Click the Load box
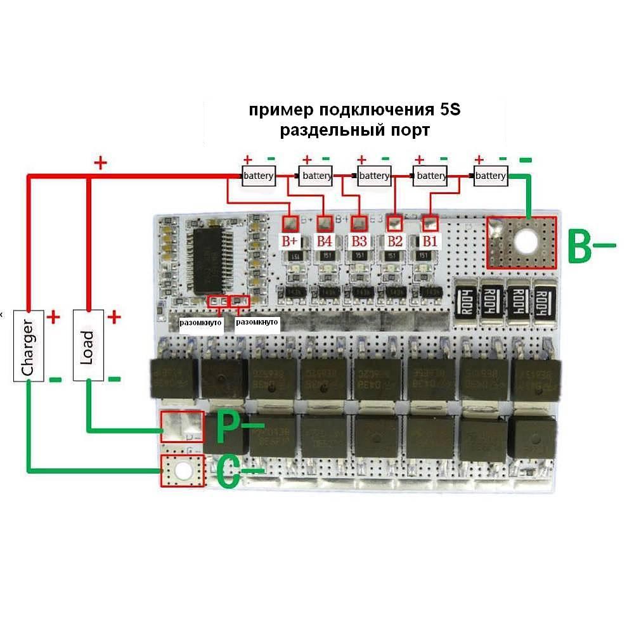tap(88, 346)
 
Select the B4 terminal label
tap(325, 241)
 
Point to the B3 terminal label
tap(359, 241)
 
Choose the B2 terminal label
tap(395, 241)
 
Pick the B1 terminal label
tap(430, 241)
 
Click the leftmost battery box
tap(258, 176)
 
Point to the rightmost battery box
tap(491, 176)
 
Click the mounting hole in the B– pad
tap(525, 241)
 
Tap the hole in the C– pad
tap(183, 471)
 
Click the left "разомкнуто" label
tap(200, 323)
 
